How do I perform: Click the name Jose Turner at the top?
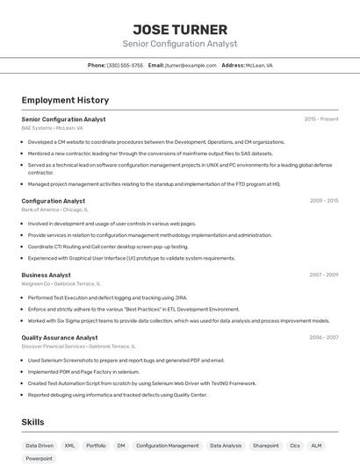179,29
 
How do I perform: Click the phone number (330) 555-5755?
125,65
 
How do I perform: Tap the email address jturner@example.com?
192,65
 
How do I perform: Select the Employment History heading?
65,100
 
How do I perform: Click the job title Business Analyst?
47,275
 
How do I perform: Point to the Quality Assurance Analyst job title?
60,337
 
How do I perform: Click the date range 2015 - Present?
321,118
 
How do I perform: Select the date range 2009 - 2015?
324,201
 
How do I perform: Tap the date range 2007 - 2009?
324,275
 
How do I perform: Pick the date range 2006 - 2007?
324,337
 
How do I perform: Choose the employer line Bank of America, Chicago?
55,210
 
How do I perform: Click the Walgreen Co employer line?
61,283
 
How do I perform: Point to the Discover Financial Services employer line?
78,346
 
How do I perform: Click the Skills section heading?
32,422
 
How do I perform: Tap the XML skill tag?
70,446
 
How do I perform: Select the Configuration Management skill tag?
167,446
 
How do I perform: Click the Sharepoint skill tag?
265,446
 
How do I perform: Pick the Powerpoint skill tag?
39,459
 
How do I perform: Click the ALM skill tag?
316,446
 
